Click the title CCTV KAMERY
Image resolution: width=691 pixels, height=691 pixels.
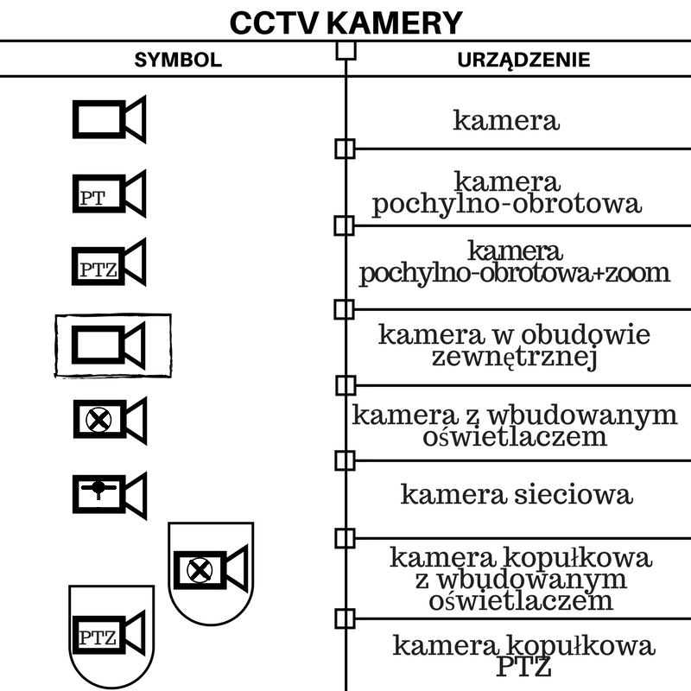[345, 23]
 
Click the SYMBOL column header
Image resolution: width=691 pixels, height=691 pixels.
[178, 60]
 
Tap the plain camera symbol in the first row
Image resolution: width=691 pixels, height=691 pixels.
[109, 119]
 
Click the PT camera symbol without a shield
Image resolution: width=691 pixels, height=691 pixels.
[109, 193]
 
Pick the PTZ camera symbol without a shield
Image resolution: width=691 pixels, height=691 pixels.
[109, 263]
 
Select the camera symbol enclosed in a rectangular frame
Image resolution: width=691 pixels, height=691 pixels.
[112, 345]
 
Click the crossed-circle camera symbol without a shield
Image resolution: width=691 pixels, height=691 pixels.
[109, 421]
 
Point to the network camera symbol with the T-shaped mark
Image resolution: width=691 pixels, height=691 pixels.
[109, 492]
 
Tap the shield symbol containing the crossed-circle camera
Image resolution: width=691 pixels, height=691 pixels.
[210, 570]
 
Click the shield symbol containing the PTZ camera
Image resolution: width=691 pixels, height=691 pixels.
[112, 637]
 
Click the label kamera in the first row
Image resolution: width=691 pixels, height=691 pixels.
[506, 120]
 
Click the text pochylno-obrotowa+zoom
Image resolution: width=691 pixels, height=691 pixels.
[515, 273]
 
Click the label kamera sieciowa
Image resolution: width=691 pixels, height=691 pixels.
[517, 495]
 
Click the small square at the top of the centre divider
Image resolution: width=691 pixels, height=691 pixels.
[345, 50]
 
